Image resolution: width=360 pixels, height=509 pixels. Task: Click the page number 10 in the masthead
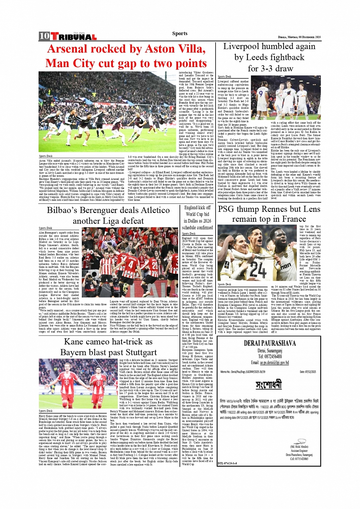(44, 36)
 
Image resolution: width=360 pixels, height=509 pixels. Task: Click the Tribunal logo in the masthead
(74, 37)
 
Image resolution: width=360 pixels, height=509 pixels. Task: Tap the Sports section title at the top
(179, 34)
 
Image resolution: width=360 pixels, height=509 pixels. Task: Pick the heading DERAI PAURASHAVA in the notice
(269, 343)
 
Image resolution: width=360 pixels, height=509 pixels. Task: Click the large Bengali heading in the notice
(269, 384)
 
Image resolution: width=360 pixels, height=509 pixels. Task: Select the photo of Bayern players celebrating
(78, 383)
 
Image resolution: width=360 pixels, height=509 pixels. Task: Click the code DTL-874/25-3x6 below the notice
(227, 463)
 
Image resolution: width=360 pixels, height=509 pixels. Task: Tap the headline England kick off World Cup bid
(197, 217)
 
